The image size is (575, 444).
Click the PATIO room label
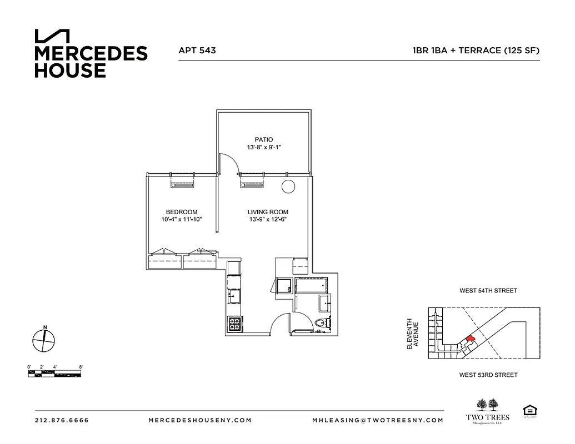coord(264,139)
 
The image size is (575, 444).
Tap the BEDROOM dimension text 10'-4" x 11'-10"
coord(181,219)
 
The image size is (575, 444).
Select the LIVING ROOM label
coord(268,212)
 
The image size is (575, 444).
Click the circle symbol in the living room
coord(288,187)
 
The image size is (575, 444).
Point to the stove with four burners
coord(234,322)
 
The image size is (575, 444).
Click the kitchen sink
coord(233,296)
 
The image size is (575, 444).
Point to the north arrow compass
coord(43,340)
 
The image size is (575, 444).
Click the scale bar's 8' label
coord(81,367)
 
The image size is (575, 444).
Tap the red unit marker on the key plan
coord(470,339)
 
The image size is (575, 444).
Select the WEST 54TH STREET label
coord(488,290)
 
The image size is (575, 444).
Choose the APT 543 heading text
coord(197,50)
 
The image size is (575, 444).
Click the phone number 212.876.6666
coord(62,420)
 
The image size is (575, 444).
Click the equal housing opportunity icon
coord(529,411)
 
